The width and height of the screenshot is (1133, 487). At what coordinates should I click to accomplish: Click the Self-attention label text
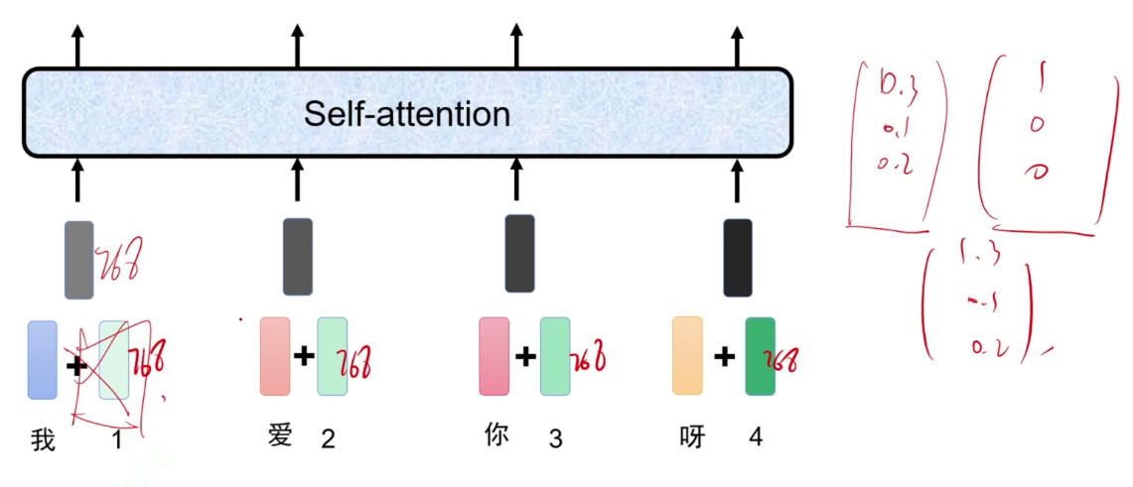(407, 114)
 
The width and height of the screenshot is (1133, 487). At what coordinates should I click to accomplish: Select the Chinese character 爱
(281, 434)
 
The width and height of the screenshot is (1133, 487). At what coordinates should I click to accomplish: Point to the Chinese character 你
(496, 434)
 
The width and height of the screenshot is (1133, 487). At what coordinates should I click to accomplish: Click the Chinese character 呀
(692, 435)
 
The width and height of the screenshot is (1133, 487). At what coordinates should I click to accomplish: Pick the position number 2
(328, 438)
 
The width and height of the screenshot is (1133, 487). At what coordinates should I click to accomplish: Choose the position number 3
(555, 438)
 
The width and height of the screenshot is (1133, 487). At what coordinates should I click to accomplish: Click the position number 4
(756, 436)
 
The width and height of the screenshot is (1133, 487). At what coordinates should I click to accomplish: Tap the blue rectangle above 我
(43, 359)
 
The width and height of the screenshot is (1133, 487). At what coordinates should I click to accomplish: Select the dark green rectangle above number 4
(760, 356)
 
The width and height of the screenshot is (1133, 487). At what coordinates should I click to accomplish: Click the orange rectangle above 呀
(687, 355)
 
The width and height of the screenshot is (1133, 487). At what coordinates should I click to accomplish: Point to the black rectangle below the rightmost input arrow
(738, 257)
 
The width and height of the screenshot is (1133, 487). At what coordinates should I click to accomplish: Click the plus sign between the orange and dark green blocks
(725, 356)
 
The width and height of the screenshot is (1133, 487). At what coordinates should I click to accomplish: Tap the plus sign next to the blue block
(75, 366)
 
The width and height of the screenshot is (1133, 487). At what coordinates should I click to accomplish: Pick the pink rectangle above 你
(494, 356)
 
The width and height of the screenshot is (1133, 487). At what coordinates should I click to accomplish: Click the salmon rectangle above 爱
(275, 356)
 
